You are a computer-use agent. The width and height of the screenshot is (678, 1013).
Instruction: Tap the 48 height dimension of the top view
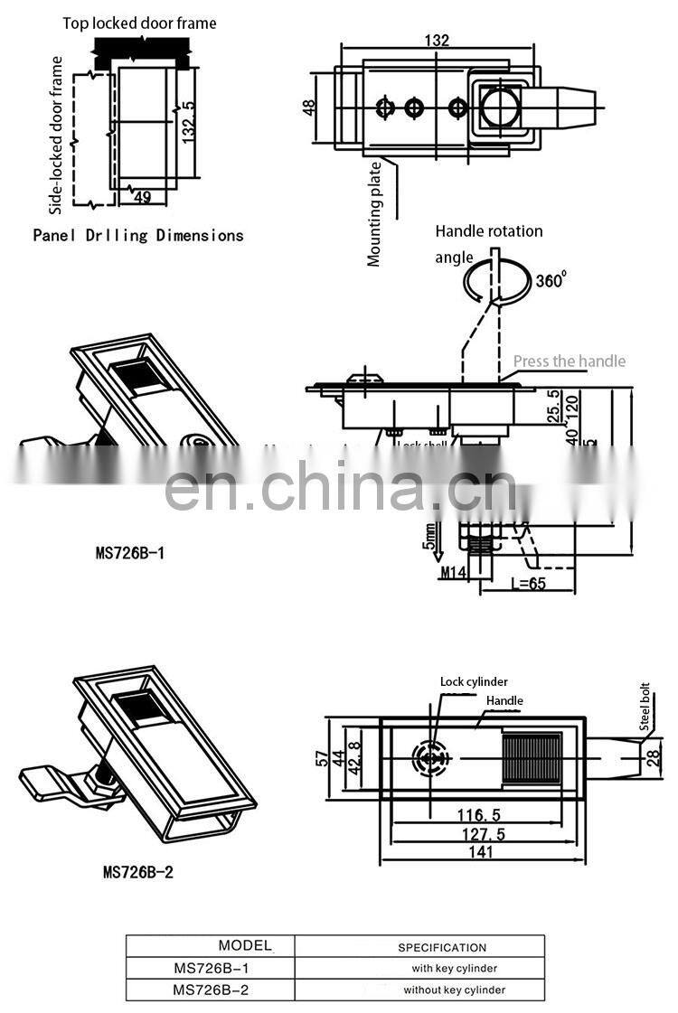point(309,107)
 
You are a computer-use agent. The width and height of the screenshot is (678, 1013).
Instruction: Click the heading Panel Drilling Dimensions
point(138,235)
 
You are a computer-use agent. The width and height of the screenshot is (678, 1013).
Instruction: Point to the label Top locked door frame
point(140,23)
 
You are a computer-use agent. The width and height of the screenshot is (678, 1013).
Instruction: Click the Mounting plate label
point(374,213)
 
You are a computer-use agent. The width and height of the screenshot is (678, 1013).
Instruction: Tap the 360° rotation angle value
point(550,280)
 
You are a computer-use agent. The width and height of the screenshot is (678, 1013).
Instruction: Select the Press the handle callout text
point(570,361)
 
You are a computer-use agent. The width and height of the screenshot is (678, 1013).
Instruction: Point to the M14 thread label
point(453,572)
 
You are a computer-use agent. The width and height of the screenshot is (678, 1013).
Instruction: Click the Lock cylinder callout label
point(474,681)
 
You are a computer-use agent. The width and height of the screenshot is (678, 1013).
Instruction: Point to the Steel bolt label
point(645,707)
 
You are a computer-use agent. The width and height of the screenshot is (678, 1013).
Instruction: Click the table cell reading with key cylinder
point(454,968)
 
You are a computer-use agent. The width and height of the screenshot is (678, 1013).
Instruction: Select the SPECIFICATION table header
point(442,947)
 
